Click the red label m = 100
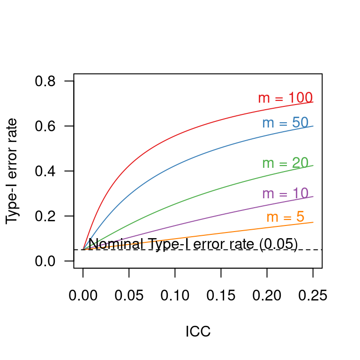coord(285,98)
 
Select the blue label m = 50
coord(285,123)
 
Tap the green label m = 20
coord(285,163)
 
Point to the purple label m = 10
coord(285,194)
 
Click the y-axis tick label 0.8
coord(45,82)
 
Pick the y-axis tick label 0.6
coord(45,127)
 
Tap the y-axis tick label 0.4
coord(45,172)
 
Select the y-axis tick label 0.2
coord(45,217)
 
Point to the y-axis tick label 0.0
coord(45,261)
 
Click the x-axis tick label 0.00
coord(83,296)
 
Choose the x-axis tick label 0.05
coord(129,296)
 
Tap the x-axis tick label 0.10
coord(175,296)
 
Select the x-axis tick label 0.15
coord(221,296)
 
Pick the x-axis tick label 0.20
coord(267,296)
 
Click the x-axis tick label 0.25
coord(313,296)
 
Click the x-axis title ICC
coord(198,332)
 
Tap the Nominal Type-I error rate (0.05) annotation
coord(193,244)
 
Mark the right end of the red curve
coord(313,102)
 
